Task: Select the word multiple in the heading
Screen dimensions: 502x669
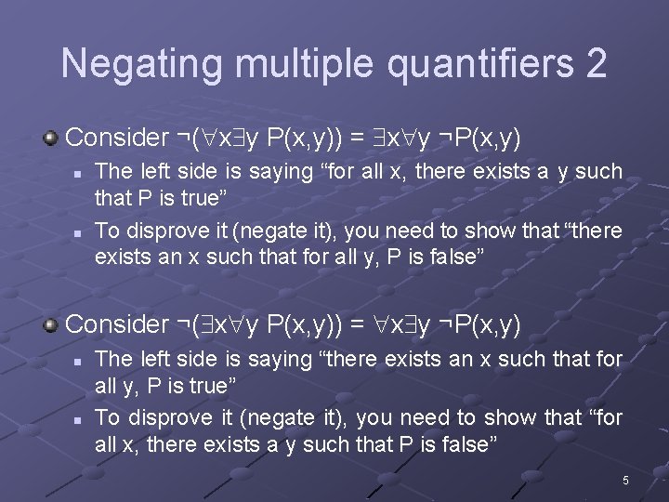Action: tap(291, 63)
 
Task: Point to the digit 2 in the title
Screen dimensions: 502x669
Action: tap(596, 63)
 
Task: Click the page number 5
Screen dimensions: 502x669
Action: tap(625, 481)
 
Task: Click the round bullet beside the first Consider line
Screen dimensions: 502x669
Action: tap(52, 138)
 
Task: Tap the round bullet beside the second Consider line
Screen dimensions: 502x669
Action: tap(52, 324)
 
